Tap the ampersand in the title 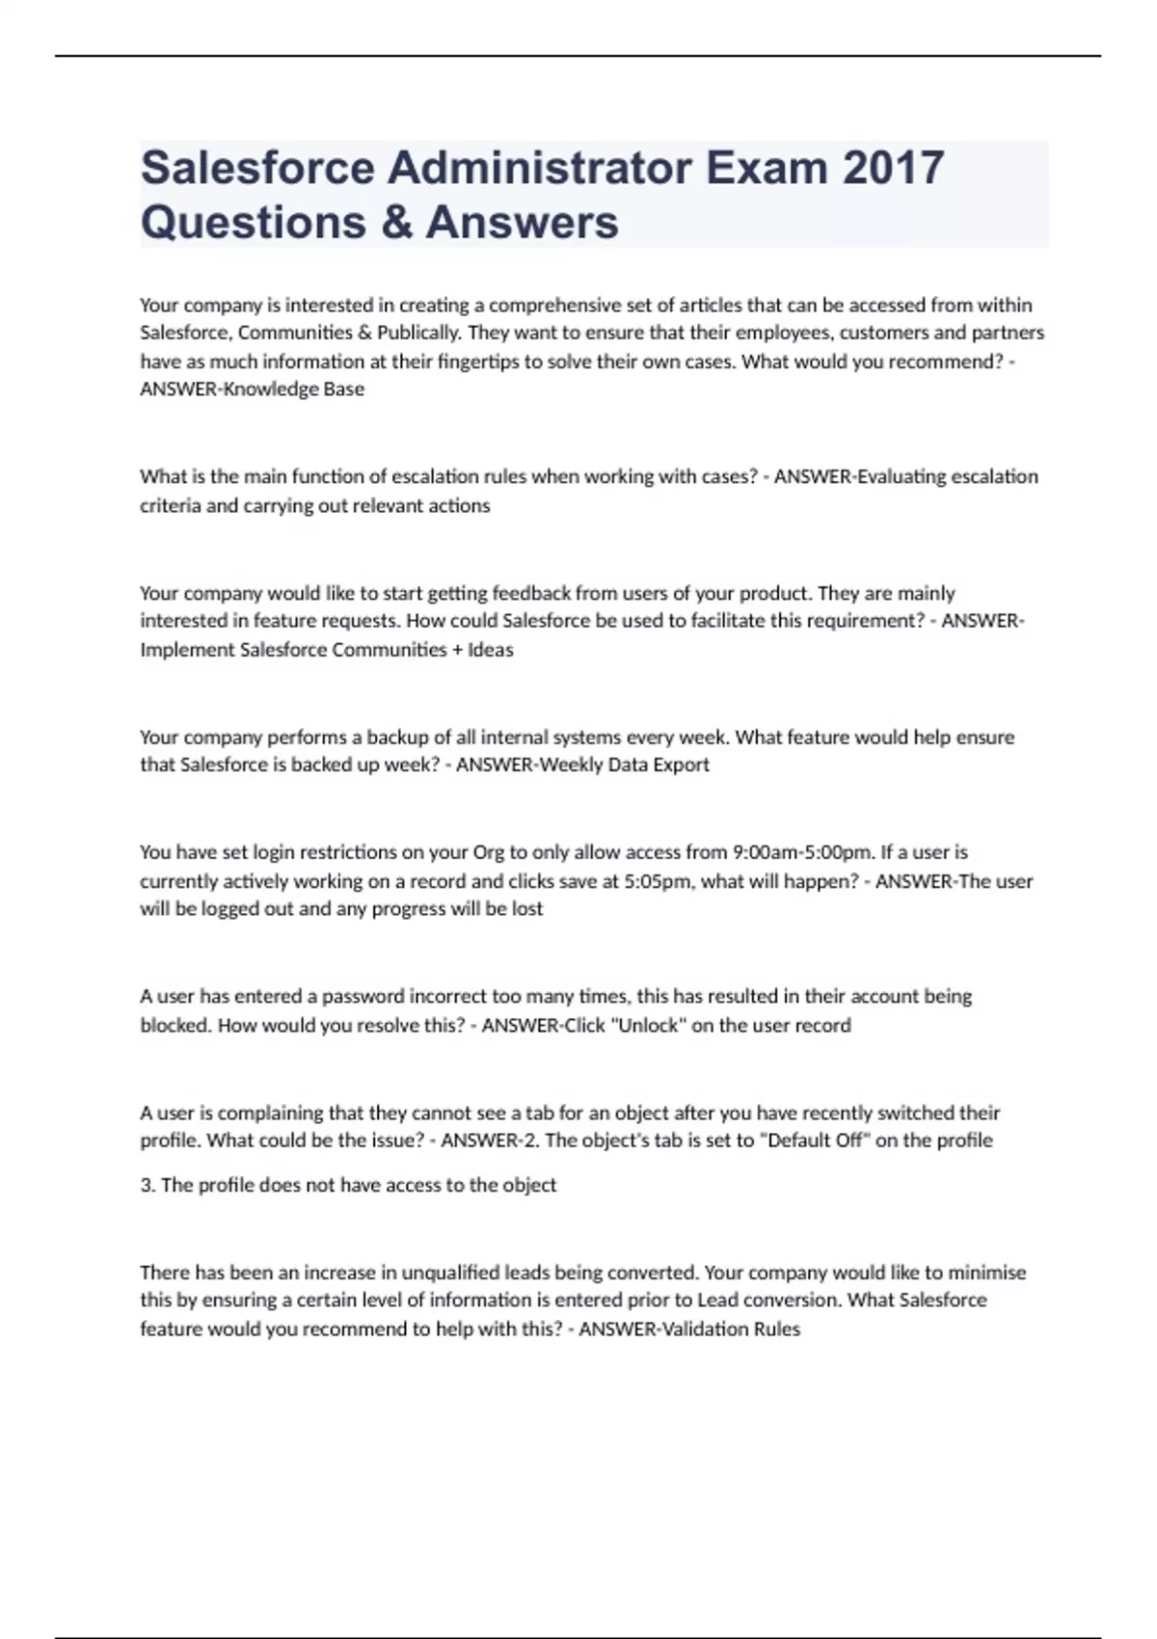[x=396, y=222]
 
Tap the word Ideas [x=491, y=650]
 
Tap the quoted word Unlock [x=648, y=1025]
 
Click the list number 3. [x=148, y=1185]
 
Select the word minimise [x=987, y=1273]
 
